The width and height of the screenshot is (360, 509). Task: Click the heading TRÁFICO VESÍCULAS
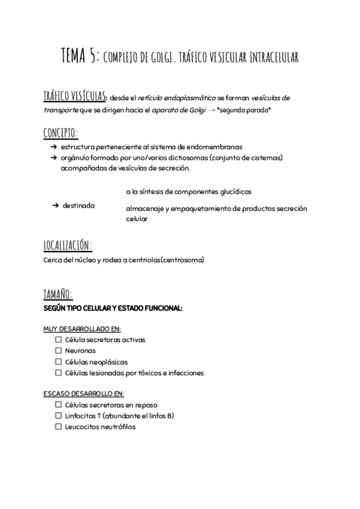[75, 97]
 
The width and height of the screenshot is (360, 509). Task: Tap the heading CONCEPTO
[61, 132]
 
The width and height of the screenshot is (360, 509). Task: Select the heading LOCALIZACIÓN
[67, 245]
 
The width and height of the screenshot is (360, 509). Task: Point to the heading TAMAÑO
[58, 294]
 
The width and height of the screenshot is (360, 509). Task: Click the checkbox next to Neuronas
[58, 351]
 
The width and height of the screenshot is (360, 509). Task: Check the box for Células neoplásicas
[58, 362]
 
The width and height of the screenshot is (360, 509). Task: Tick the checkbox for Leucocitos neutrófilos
[58, 427]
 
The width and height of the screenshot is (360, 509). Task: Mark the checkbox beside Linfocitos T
[58, 415]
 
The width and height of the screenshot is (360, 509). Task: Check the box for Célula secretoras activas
[58, 340]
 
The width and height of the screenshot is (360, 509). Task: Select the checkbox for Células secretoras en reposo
[58, 405]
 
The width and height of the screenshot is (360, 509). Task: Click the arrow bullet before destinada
[55, 206]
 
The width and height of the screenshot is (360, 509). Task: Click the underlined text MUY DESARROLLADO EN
[82, 329]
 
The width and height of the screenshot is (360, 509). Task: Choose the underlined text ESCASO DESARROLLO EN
[83, 394]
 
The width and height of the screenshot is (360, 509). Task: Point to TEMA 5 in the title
[80, 57]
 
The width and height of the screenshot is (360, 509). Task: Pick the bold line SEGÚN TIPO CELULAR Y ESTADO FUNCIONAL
[112, 308]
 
